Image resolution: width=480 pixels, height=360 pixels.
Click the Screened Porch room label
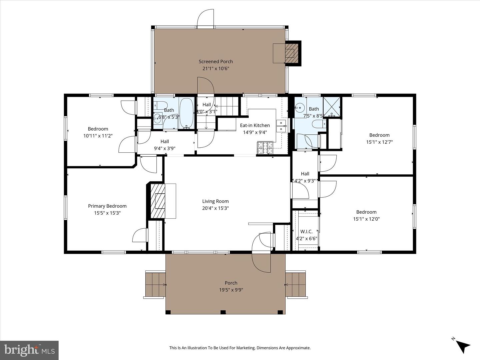coord(216,62)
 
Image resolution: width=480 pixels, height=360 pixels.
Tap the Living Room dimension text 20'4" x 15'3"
coord(215,208)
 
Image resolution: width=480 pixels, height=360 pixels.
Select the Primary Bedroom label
coord(107,206)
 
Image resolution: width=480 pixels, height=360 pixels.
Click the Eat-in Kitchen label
coord(255,125)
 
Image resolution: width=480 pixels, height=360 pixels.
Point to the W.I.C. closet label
coord(306,231)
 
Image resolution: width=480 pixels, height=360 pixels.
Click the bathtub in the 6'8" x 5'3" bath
coord(186,113)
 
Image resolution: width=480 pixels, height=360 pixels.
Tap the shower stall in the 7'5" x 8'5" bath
coord(332,107)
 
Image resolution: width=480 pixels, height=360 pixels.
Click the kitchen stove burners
coord(265,148)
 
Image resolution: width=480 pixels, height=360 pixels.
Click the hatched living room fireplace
coord(158,201)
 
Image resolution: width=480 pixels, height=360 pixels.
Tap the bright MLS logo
coord(29,350)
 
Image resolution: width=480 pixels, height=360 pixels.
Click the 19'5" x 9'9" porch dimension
coord(231,290)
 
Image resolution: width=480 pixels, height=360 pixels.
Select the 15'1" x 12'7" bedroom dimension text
coord(379,142)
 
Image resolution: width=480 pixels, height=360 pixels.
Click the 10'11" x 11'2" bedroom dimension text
coord(98,136)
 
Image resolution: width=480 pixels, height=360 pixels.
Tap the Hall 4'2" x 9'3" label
coord(305,177)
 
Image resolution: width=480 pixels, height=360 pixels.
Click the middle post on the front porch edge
coord(223,312)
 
